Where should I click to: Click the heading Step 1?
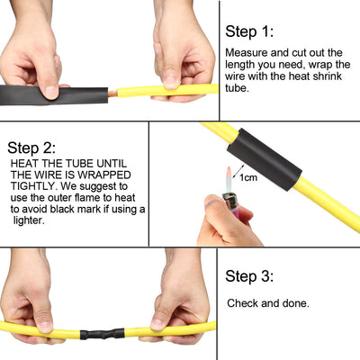click(249, 31)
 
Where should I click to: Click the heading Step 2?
click(31, 148)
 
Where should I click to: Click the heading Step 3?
click(249, 276)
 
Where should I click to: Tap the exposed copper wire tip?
click(112, 94)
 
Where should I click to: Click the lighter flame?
click(229, 179)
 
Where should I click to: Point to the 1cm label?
click(248, 177)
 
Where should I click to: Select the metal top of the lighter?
click(229, 201)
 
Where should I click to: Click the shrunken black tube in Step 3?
click(103, 334)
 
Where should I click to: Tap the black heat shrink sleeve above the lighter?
click(265, 159)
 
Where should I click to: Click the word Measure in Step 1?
click(247, 53)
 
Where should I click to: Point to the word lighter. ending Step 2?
click(29, 220)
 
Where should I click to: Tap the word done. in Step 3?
click(295, 303)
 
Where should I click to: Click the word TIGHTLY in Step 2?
click(33, 186)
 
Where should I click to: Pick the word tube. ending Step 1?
click(237, 88)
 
